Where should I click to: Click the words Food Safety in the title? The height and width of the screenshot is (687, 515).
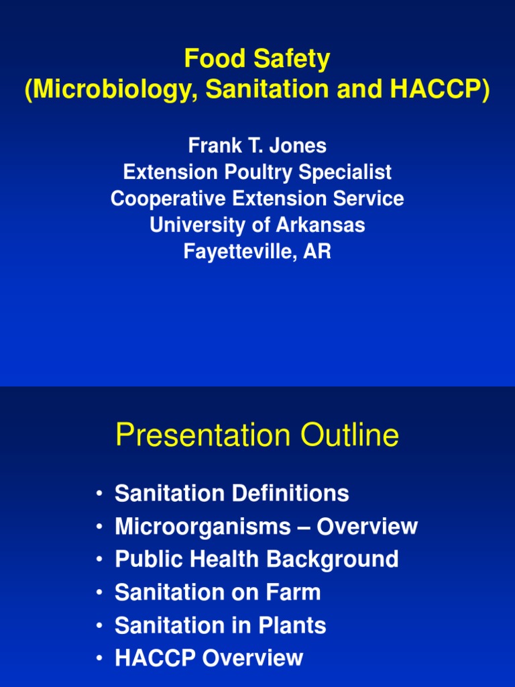[257, 60]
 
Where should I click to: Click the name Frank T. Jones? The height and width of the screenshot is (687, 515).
[257, 146]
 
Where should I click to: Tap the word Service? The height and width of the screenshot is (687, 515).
[367, 199]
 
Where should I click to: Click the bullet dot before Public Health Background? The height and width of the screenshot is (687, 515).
[99, 560]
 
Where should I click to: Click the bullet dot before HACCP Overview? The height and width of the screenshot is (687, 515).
[99, 658]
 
